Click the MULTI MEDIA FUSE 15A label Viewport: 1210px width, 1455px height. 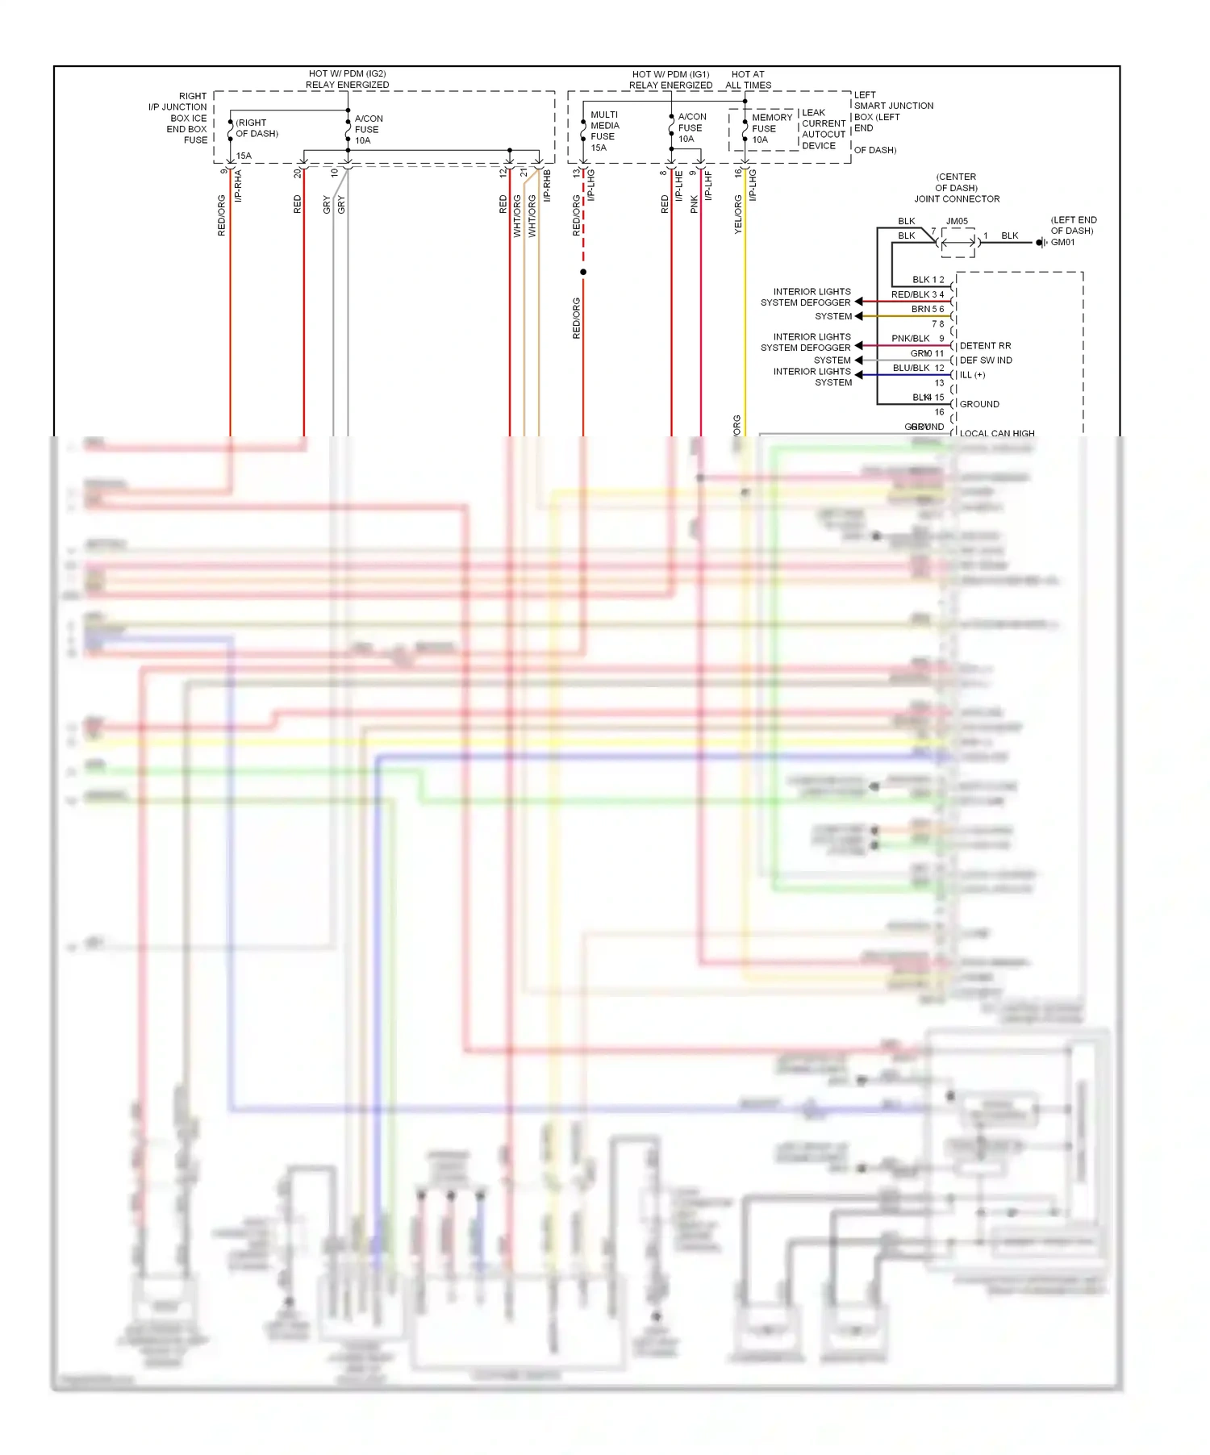click(x=604, y=131)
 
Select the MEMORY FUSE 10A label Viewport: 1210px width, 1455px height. click(x=771, y=128)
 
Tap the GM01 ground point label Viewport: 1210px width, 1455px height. click(x=1062, y=242)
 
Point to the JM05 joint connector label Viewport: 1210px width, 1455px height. click(x=957, y=221)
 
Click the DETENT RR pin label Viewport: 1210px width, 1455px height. click(x=985, y=346)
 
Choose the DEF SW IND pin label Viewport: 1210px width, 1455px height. click(x=986, y=361)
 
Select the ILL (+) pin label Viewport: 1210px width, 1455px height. click(x=972, y=375)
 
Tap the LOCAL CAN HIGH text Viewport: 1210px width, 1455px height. click(x=997, y=433)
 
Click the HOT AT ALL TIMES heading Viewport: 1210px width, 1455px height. click(x=748, y=80)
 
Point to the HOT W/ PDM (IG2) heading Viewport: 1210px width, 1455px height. click(x=348, y=79)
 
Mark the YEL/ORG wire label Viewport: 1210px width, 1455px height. click(x=738, y=215)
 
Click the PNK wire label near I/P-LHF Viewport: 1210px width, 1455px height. click(x=695, y=204)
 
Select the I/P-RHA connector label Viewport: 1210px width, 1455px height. click(x=238, y=186)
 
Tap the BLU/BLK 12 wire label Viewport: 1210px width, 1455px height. click(x=918, y=368)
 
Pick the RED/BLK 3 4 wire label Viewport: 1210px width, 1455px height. click(x=917, y=294)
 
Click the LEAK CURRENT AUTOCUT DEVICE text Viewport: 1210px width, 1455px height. click(x=824, y=129)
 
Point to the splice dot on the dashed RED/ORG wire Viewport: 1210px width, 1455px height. click(x=583, y=272)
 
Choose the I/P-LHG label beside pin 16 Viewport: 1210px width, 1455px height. click(x=753, y=185)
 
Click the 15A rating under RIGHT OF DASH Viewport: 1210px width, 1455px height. click(x=244, y=156)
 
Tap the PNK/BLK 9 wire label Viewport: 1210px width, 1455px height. click(x=917, y=339)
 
